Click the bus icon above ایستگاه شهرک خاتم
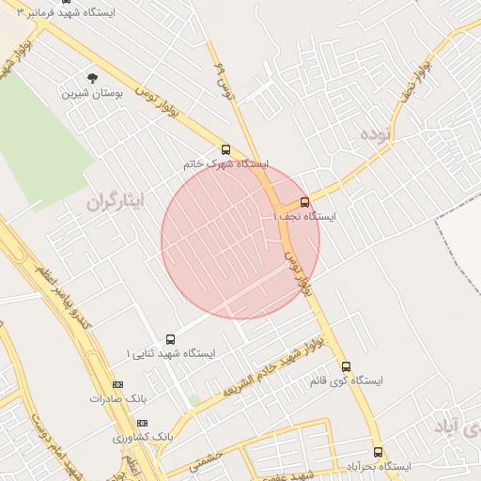225,149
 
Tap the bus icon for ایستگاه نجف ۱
304,202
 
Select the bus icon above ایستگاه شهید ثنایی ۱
170,339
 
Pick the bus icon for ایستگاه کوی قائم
346,366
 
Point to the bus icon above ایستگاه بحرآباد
378,452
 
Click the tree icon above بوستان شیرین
91,78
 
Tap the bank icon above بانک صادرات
117,384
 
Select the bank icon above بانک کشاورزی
142,424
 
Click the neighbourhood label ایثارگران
113,201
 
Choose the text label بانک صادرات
120,398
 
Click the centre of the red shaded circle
240,240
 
